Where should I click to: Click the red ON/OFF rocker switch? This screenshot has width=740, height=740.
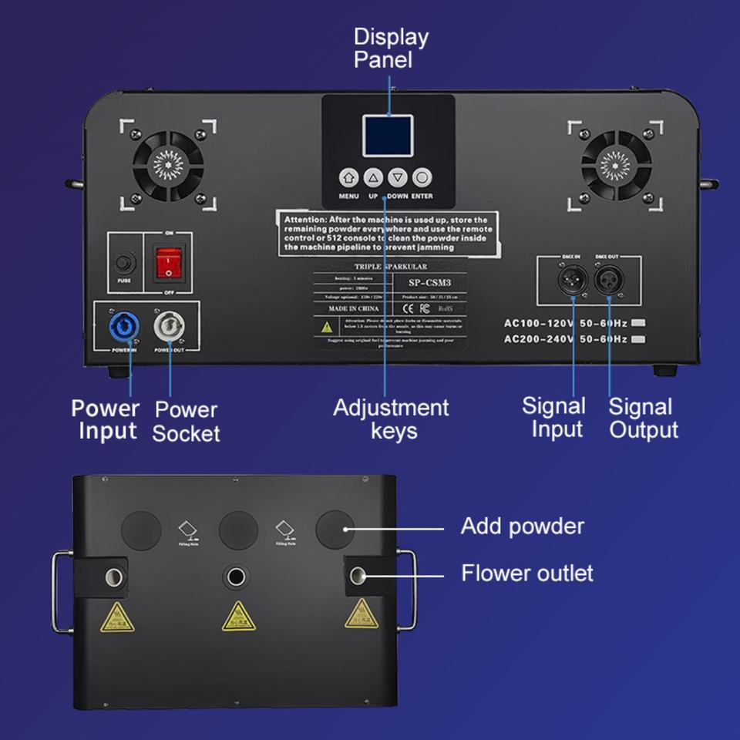(x=168, y=263)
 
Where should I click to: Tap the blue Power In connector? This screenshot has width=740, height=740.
(x=125, y=327)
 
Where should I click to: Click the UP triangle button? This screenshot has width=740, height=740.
(x=373, y=178)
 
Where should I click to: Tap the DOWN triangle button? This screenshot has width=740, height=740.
(x=397, y=178)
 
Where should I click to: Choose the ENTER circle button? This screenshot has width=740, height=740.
(x=422, y=178)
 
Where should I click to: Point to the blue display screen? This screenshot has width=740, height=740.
(x=388, y=136)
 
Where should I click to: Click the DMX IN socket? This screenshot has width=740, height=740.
(x=573, y=278)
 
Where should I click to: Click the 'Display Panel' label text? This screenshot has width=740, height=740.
(x=391, y=48)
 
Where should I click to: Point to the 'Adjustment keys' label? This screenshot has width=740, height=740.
(x=391, y=419)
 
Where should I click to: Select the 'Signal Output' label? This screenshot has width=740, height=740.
(x=644, y=419)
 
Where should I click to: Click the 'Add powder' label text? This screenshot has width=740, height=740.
(x=522, y=526)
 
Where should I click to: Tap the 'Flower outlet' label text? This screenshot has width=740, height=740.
(x=527, y=573)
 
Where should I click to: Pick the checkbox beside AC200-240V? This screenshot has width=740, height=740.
(x=637, y=339)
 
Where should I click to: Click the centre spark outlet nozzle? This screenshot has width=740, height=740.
(x=234, y=576)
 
